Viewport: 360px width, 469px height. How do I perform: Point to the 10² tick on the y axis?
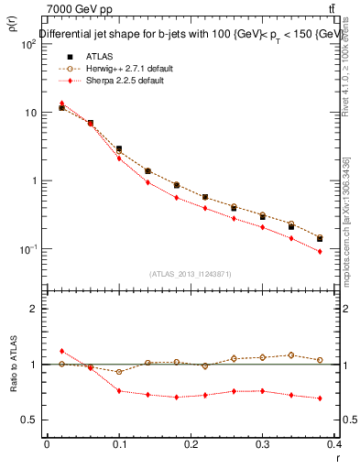coord(29,44)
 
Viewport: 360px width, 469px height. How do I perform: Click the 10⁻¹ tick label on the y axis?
coord(29,249)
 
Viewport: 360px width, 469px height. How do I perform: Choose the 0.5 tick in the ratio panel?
coord(30,420)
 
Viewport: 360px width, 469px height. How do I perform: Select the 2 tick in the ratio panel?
coord(35,309)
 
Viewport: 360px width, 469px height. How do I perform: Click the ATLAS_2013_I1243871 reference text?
coord(190,274)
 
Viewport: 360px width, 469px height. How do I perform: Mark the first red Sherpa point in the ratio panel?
coord(61,351)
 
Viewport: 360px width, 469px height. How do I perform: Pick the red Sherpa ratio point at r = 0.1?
coord(119,391)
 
